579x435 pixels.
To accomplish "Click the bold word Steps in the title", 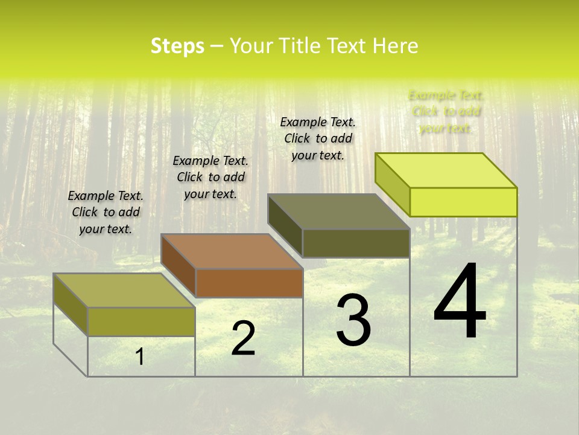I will click(x=177, y=46).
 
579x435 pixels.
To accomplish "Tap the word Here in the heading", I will click(x=395, y=46).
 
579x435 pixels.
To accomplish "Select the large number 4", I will click(x=460, y=302).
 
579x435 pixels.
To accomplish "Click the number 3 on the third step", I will click(x=353, y=320).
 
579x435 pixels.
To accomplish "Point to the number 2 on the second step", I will click(x=244, y=339).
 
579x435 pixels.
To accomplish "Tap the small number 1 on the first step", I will click(x=140, y=357).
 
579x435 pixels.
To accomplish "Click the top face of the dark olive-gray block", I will click(x=339, y=211).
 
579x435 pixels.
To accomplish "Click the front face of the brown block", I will click(x=249, y=283).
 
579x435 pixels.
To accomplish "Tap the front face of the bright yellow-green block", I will click(x=463, y=202).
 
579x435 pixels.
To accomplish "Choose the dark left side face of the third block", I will click(x=285, y=227).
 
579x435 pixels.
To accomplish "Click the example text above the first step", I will click(x=106, y=213).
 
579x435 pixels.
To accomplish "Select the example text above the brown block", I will click(x=210, y=177).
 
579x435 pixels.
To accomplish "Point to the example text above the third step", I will click(x=318, y=138).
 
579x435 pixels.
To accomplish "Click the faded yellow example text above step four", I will click(x=446, y=112).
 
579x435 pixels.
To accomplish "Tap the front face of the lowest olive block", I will click(x=141, y=321).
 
